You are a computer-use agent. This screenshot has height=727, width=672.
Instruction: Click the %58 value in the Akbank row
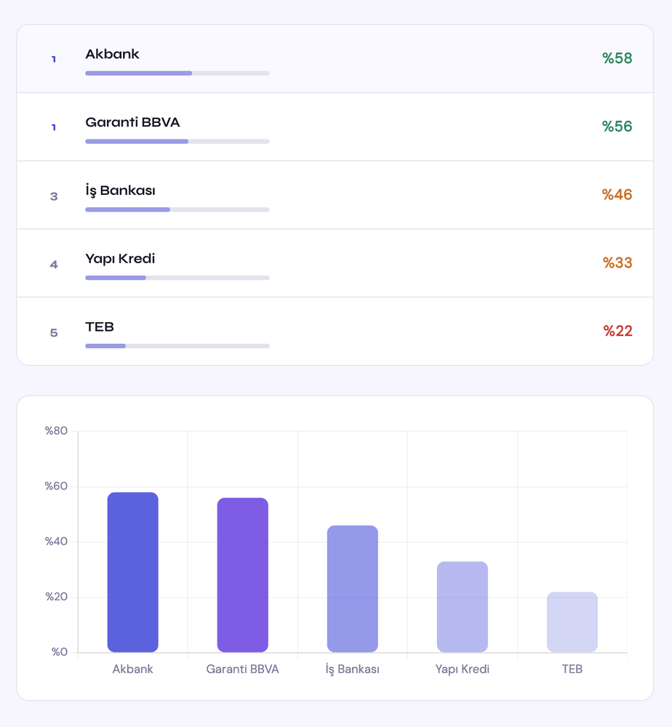pyautogui.click(x=617, y=59)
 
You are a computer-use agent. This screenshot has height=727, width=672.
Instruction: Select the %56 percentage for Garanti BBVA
pyautogui.click(x=617, y=126)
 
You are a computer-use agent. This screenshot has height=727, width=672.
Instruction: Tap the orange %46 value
pyautogui.click(x=617, y=195)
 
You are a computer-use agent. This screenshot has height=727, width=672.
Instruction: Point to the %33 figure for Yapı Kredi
pyautogui.click(x=617, y=263)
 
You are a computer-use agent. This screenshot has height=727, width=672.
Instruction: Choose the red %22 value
pyautogui.click(x=617, y=332)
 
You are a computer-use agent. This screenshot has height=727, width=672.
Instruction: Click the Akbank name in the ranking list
pyautogui.click(x=112, y=55)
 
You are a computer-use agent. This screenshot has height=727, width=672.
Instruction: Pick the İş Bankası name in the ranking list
pyautogui.click(x=120, y=191)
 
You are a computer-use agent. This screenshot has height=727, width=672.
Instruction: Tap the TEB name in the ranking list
pyautogui.click(x=100, y=327)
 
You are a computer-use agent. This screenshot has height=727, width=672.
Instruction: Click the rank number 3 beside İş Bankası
pyautogui.click(x=54, y=196)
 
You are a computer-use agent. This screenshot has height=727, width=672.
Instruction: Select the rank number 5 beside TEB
pyautogui.click(x=54, y=333)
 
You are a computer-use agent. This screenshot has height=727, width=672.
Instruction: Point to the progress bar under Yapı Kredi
pyautogui.click(x=177, y=278)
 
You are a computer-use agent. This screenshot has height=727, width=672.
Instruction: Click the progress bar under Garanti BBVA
pyautogui.click(x=177, y=141)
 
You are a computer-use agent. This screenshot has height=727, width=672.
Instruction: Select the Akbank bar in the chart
pyautogui.click(x=132, y=572)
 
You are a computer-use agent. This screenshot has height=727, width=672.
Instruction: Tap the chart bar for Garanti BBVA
pyautogui.click(x=242, y=575)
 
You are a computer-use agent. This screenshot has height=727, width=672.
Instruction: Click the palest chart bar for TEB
pyautogui.click(x=572, y=622)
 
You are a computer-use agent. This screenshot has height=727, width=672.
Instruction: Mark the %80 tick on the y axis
pyautogui.click(x=56, y=431)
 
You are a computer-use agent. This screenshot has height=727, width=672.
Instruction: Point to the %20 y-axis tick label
pyautogui.click(x=56, y=597)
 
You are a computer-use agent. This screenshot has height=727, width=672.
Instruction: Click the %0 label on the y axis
pyautogui.click(x=59, y=652)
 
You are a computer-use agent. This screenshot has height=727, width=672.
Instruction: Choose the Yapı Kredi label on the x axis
pyautogui.click(x=462, y=670)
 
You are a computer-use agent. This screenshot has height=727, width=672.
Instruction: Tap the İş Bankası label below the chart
pyautogui.click(x=352, y=670)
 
